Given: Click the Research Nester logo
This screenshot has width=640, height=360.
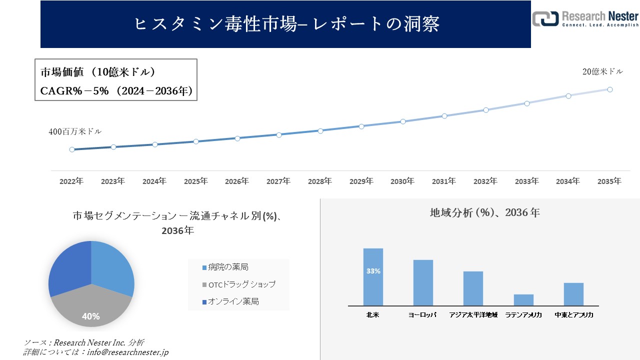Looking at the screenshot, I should pos(585,19).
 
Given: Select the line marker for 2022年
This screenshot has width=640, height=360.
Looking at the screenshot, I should pos(72,149).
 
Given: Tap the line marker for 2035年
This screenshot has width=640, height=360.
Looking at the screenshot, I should pos(610,89).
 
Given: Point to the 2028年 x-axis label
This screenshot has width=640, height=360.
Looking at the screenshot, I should pos(319,181).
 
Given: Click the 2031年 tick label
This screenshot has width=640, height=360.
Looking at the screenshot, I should pos(444,181).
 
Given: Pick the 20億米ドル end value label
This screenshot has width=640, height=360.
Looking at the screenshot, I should pos(603,71).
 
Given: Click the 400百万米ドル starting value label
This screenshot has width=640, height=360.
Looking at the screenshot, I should pos(75,132).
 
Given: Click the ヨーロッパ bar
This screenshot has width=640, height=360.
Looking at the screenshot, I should pos(423,282).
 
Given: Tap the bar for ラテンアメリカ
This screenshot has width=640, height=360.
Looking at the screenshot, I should pos(523,299).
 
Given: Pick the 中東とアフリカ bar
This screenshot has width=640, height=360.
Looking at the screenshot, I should pos(573,294).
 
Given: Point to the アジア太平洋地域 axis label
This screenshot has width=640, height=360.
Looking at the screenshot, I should pos(473,315).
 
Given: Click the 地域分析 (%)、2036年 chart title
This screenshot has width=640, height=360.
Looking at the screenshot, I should pos(485,212).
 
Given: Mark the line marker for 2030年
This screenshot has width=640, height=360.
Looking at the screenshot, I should pos(402,121).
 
